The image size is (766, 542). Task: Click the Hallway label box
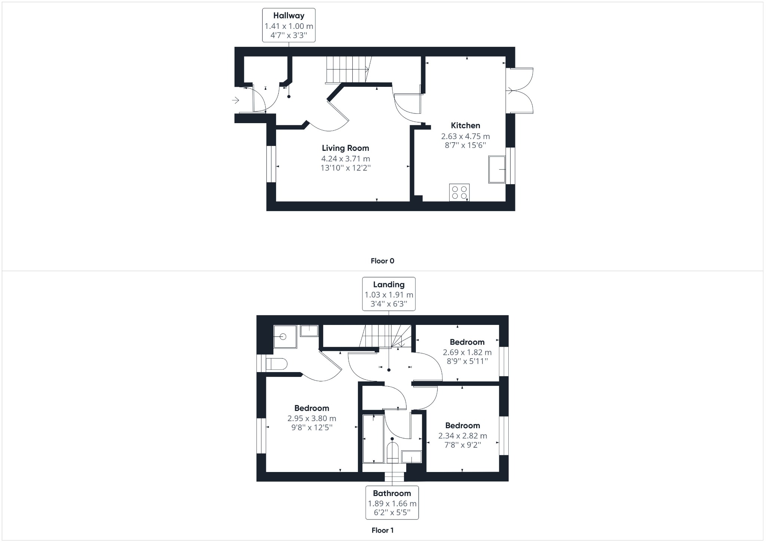288,25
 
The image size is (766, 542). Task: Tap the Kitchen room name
465,125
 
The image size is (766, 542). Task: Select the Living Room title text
345,148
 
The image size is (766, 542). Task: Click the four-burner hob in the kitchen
459,192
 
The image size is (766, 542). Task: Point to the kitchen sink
497,170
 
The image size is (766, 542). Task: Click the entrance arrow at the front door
235,100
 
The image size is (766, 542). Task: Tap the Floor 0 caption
382,261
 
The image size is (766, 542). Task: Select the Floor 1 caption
382,530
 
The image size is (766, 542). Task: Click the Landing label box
389,294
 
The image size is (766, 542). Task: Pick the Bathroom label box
392,503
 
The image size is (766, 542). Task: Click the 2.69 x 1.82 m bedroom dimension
467,352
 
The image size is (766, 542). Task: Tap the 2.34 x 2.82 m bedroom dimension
463,436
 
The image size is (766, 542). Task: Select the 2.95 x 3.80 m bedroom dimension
312,418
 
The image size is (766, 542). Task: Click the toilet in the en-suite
276,364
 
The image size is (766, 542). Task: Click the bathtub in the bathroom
373,438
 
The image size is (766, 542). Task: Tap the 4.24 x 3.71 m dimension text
345,159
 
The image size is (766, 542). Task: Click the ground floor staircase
347,69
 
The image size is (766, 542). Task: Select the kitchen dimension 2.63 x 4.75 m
465,136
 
